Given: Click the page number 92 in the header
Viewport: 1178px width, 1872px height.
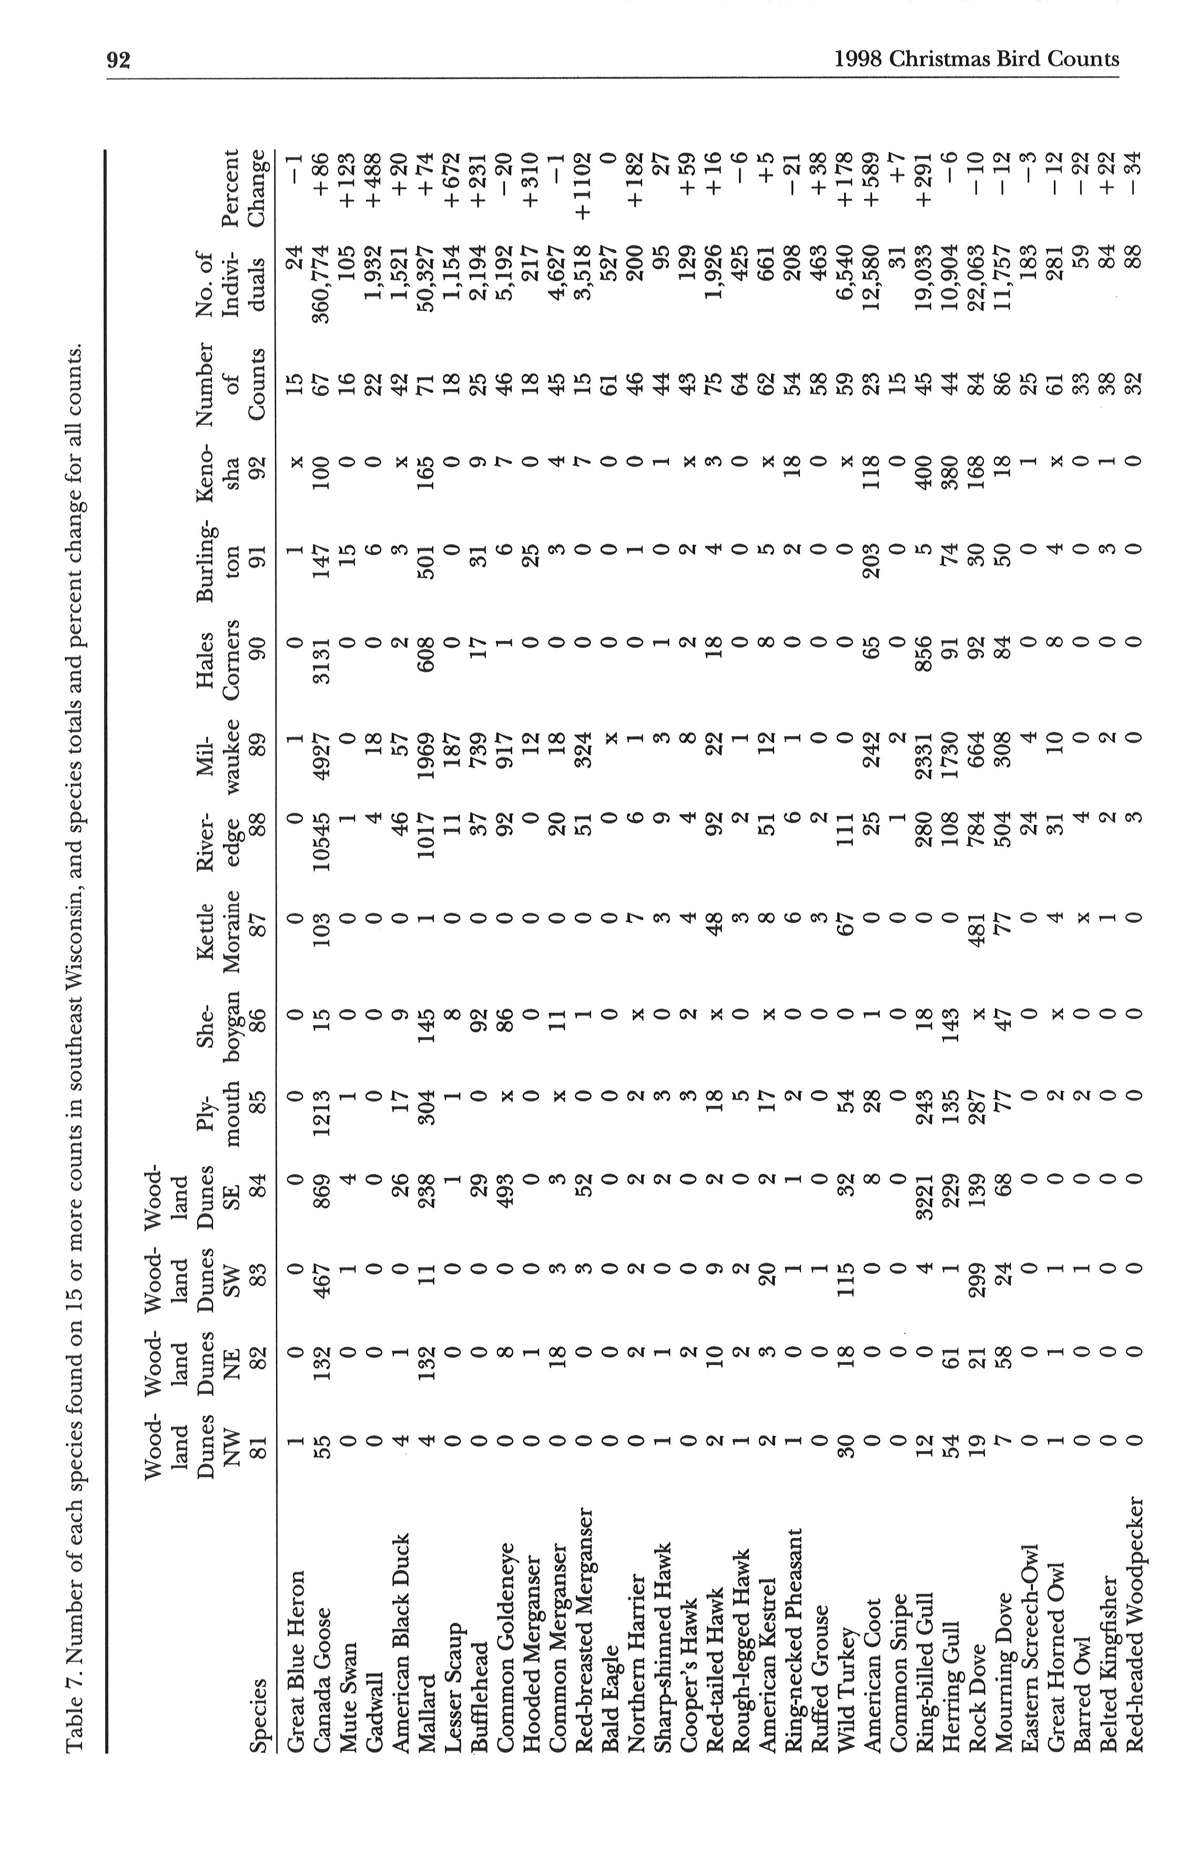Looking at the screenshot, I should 118,60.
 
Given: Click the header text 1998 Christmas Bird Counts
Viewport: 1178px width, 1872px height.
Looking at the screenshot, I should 976,60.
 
